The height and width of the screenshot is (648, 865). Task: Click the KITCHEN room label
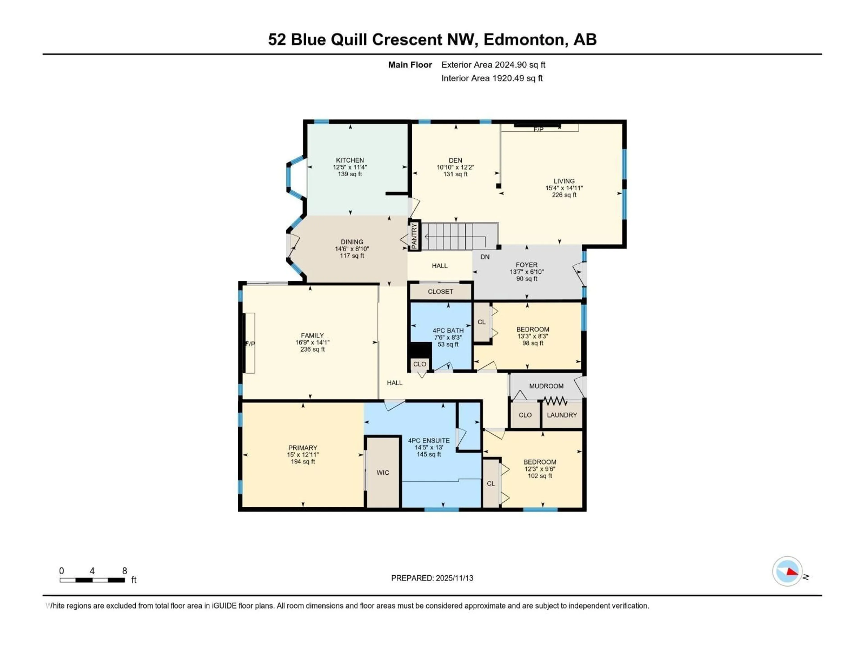[x=350, y=160]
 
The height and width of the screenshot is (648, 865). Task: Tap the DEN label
[x=455, y=160]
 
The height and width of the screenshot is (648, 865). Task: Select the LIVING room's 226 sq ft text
[x=564, y=195]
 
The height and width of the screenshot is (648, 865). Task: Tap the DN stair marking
[x=485, y=257]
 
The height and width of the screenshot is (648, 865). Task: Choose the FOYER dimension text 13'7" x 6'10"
[x=527, y=272]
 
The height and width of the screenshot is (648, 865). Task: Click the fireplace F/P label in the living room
[x=538, y=129]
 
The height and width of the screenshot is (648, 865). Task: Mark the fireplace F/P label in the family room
[x=250, y=344]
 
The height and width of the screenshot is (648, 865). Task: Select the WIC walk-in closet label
[x=383, y=473]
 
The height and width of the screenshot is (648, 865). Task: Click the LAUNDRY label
[x=562, y=415]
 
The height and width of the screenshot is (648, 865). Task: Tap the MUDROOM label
[x=546, y=386]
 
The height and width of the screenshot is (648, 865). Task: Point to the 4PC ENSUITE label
[x=429, y=441]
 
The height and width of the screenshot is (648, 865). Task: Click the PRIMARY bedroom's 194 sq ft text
[x=303, y=462]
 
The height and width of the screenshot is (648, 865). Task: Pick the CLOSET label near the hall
[x=440, y=292]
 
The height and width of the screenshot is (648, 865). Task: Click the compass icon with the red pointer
[x=787, y=571]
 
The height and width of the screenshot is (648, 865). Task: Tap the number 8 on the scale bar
[x=125, y=571]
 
